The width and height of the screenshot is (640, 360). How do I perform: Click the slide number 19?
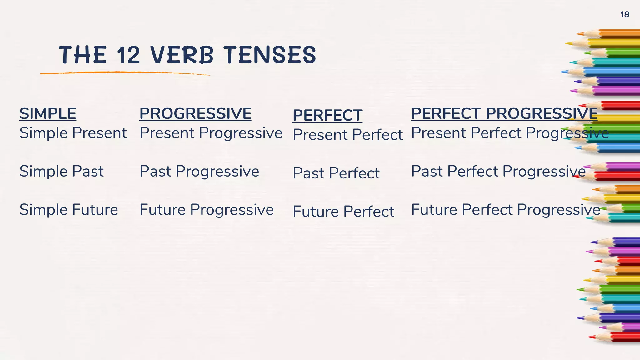click(x=625, y=15)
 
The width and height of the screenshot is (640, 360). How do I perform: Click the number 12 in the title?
click(x=128, y=55)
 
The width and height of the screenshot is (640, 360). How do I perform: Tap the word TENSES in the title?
click(x=270, y=55)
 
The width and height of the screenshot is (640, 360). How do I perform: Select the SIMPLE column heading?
click(x=48, y=113)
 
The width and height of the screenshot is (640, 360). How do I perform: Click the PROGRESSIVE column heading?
click(x=195, y=113)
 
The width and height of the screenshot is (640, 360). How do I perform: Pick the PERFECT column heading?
click(x=327, y=115)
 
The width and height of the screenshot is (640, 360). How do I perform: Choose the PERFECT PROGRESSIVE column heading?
click(x=504, y=113)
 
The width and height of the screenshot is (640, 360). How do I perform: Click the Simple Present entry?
click(x=73, y=133)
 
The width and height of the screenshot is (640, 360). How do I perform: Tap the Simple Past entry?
click(x=62, y=171)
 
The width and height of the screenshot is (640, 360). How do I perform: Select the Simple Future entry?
click(x=69, y=210)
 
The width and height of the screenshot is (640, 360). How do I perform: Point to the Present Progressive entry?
click(x=211, y=133)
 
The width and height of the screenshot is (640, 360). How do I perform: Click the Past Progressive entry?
click(x=199, y=171)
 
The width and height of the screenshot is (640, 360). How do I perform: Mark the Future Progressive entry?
click(x=207, y=210)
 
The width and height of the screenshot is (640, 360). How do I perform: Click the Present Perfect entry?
click(x=348, y=135)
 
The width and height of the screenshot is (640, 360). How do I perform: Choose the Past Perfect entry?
click(x=336, y=173)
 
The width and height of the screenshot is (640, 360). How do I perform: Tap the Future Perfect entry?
click(x=343, y=212)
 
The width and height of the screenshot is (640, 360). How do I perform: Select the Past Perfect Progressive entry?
click(x=498, y=171)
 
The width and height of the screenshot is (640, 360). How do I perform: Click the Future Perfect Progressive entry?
click(x=506, y=210)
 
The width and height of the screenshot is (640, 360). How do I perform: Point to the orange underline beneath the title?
click(x=125, y=73)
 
